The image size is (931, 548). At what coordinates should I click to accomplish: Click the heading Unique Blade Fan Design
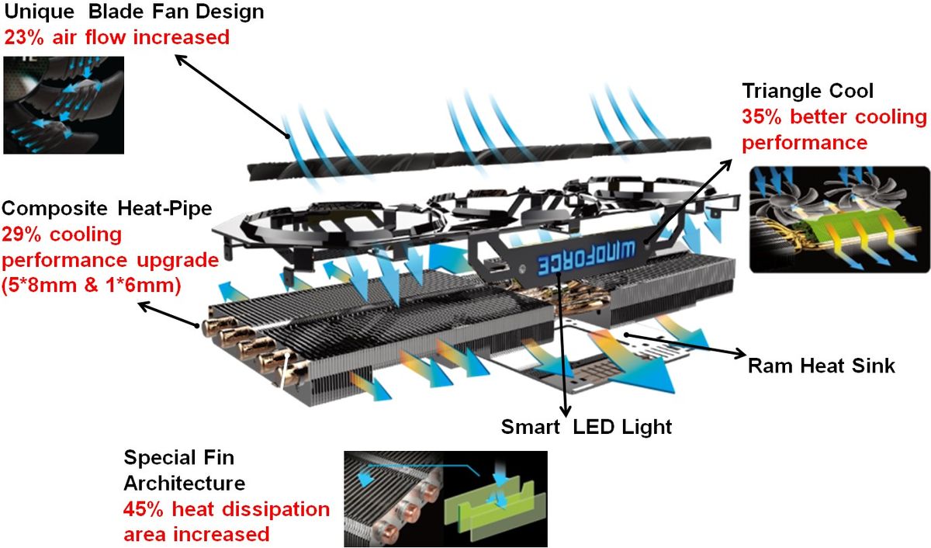click(134, 12)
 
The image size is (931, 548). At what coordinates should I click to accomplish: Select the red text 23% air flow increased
click(117, 36)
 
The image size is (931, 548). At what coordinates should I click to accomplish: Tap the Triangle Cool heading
click(808, 91)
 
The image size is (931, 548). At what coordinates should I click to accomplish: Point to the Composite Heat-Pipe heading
click(107, 209)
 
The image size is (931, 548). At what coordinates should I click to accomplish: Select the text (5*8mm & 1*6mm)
click(92, 286)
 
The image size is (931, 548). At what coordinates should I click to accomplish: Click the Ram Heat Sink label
click(822, 365)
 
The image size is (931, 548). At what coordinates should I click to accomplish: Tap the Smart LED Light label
click(587, 426)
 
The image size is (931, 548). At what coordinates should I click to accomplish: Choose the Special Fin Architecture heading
click(185, 471)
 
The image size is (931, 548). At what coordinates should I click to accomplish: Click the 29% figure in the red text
click(23, 234)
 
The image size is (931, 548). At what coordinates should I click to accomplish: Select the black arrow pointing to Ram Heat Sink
click(683, 346)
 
